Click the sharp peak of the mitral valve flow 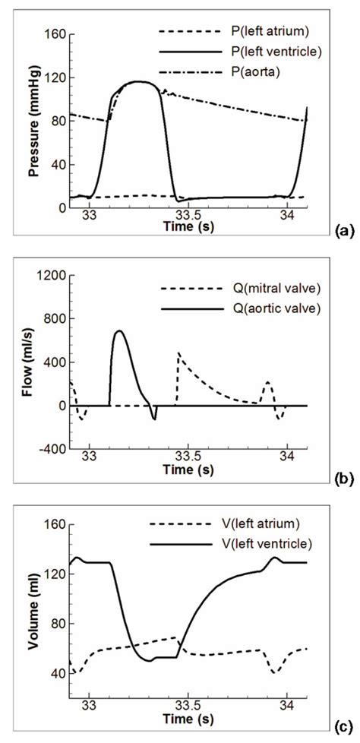(178, 353)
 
